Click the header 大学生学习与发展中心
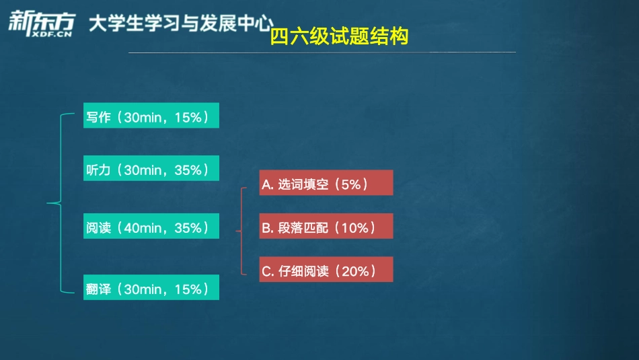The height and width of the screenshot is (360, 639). click(x=181, y=25)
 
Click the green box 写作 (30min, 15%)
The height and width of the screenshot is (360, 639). click(x=151, y=116)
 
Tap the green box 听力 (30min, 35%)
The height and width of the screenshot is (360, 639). click(x=151, y=170)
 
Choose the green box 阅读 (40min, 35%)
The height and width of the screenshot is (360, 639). click(x=151, y=227)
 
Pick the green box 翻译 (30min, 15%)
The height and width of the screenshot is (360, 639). click(x=151, y=289)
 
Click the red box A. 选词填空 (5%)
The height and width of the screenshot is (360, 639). click(x=326, y=184)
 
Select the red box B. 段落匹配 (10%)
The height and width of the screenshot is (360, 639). click(x=326, y=227)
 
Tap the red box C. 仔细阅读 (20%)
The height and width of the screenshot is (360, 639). click(x=326, y=271)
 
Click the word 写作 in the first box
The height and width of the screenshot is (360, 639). click(x=98, y=117)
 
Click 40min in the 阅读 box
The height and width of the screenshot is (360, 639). click(x=143, y=228)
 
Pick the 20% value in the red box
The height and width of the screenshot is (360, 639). click(x=356, y=271)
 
